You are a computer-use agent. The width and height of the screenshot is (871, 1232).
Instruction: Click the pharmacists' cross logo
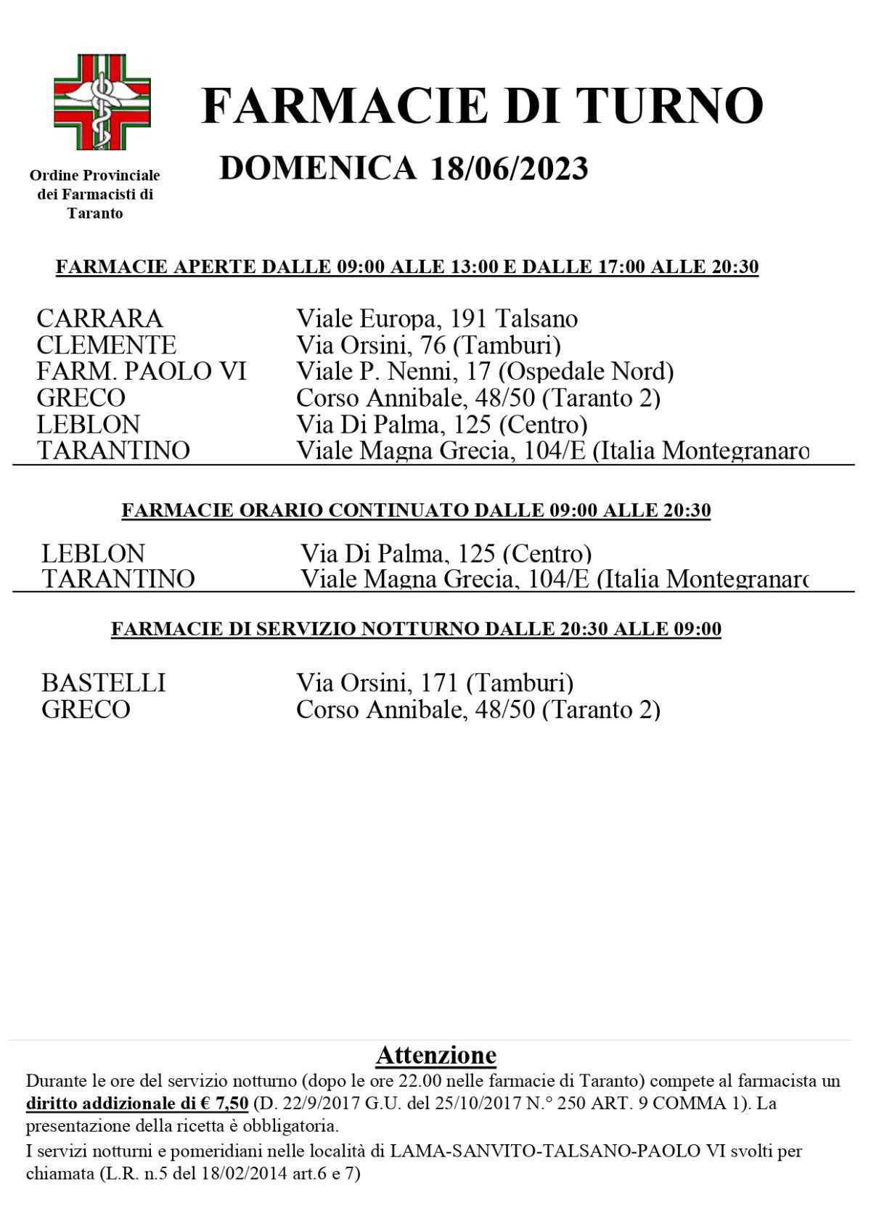tap(102, 102)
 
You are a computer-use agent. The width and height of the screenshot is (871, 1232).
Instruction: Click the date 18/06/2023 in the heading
tap(508, 169)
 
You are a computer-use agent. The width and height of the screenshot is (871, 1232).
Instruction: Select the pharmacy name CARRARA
tap(99, 319)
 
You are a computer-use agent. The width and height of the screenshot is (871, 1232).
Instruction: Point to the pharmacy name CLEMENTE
tap(106, 345)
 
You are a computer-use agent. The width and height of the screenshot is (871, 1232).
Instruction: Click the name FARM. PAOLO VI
tap(142, 371)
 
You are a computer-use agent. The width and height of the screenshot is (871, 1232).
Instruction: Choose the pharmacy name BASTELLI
tap(103, 683)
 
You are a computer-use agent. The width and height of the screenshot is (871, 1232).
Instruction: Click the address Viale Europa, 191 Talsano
tap(437, 319)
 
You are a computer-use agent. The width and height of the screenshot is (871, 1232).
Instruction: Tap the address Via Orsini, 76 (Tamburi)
tap(428, 345)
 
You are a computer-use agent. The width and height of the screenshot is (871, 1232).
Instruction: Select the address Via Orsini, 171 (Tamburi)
tap(435, 683)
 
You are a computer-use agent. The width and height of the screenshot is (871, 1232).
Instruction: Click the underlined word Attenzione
tap(435, 1055)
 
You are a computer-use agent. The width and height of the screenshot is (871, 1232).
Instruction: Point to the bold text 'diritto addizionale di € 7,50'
tap(137, 1104)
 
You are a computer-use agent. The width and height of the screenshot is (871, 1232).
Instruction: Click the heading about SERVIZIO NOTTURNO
tap(416, 629)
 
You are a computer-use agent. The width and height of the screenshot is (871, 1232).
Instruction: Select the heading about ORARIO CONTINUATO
tap(416, 510)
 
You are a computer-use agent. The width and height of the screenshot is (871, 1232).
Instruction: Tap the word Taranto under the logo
tap(95, 213)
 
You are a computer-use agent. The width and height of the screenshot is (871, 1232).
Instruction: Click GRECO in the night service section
tap(86, 709)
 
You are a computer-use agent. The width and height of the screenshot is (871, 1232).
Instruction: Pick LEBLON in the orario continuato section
tap(93, 554)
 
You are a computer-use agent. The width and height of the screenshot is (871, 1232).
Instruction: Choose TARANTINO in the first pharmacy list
tap(113, 450)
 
